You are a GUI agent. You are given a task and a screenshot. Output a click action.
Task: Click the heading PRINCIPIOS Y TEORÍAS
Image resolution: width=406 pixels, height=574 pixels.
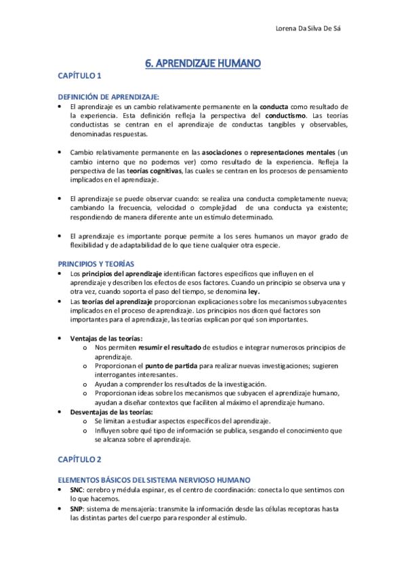[x=96, y=263]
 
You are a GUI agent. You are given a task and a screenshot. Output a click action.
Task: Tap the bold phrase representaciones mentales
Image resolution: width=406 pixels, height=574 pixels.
[x=292, y=153]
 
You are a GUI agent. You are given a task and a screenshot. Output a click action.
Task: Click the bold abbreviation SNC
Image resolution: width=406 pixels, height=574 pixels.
[x=78, y=489]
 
